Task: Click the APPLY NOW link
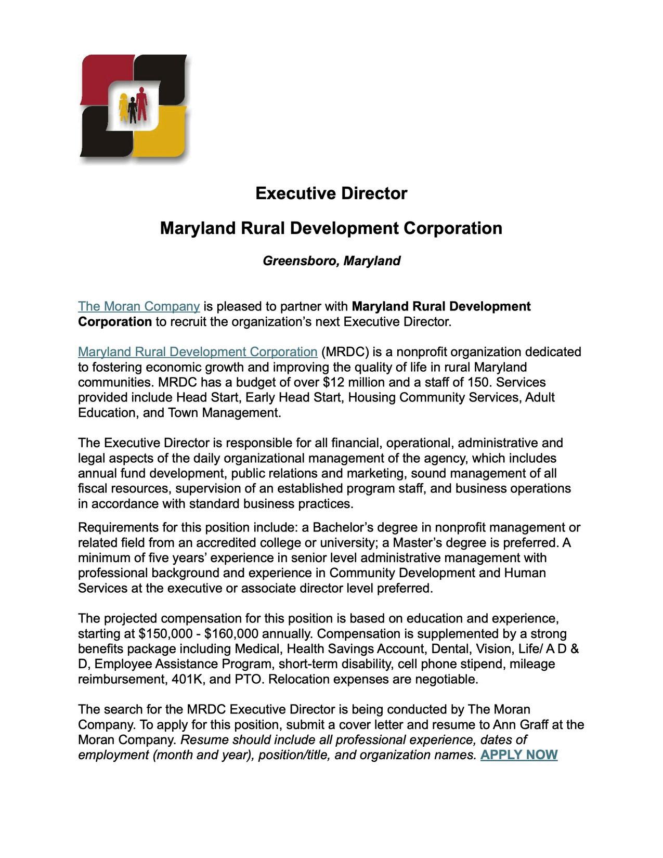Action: tap(518, 755)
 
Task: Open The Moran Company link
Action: tap(139, 306)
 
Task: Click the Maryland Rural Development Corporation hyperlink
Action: tap(198, 352)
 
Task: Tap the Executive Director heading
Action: tap(331, 193)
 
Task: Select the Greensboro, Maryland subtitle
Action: tap(331, 261)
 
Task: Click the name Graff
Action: tap(534, 725)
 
